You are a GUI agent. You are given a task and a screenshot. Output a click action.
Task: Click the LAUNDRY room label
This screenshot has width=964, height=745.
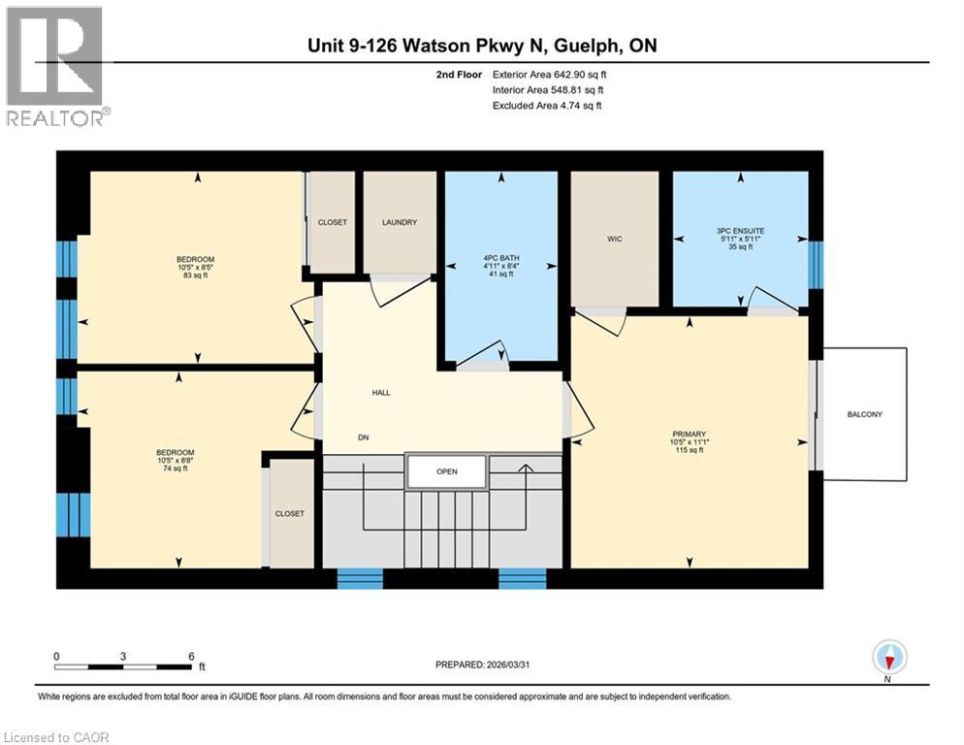pos(399,222)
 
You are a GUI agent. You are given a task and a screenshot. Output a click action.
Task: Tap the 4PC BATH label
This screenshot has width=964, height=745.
pos(501,258)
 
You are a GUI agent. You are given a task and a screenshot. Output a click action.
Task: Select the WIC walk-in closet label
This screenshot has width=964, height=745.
pos(614,237)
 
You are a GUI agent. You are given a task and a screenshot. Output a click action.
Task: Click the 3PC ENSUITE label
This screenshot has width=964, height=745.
pos(741,231)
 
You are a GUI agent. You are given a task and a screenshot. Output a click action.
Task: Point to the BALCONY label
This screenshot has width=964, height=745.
pos(863,414)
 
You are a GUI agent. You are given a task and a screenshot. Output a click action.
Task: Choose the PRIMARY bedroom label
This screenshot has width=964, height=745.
pos(689,434)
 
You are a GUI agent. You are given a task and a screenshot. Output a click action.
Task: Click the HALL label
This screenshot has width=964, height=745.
pos(381,393)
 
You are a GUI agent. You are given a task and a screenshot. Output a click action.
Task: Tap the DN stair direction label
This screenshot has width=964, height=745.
pos(364,437)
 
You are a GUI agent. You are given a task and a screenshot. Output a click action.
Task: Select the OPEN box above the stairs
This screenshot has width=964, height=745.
pos(446,471)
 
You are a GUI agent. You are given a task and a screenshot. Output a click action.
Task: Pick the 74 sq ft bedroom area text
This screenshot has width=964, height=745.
pos(176,469)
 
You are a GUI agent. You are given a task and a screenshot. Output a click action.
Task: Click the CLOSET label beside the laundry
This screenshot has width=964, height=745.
pos(332,222)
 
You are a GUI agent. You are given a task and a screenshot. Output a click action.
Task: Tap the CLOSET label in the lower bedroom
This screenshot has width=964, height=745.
pos(289,513)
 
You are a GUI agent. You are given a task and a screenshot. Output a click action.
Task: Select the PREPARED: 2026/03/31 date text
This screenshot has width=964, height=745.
pos(485,664)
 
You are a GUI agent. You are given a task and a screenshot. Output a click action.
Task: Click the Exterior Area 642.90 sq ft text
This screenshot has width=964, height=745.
pos(551,74)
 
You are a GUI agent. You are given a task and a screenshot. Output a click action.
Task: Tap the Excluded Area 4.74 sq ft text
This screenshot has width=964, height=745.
pos(547,105)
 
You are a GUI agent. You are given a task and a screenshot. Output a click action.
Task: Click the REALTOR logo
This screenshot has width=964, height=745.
pos(55,66)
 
